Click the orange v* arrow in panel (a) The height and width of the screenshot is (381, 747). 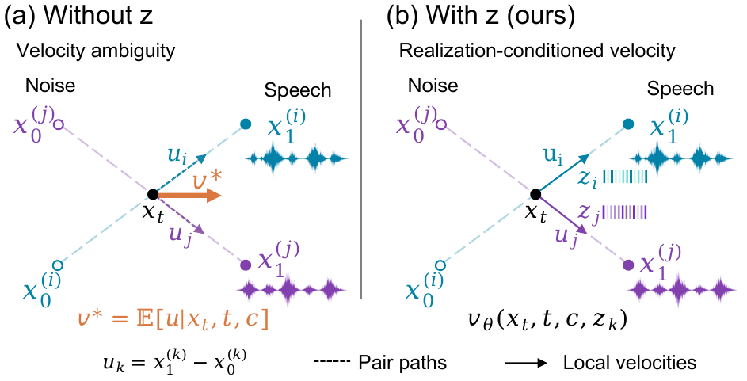pos(189,196)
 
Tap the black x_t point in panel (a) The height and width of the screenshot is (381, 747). pos(153,194)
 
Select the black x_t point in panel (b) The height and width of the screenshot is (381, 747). pos(535,194)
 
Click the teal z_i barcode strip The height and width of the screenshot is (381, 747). pos(625,177)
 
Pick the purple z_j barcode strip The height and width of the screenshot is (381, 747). pos(625,212)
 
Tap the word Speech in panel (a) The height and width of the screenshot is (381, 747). pos(298,90)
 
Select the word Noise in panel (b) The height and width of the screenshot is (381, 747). pos(433,86)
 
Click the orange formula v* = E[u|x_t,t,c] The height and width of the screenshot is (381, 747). pos(173,319)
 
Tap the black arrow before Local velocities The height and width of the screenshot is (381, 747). pos(525,363)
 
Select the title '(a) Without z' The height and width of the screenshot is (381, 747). pos(78,16)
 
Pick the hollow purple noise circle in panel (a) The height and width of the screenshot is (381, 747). pos(58,125)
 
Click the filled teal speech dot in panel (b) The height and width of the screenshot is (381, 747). pos(628,124)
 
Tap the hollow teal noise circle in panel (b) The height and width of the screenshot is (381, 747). pos(440,265)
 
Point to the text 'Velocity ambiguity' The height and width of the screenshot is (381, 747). pos(96,51)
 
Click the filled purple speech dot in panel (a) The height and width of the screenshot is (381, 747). pos(246,265)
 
